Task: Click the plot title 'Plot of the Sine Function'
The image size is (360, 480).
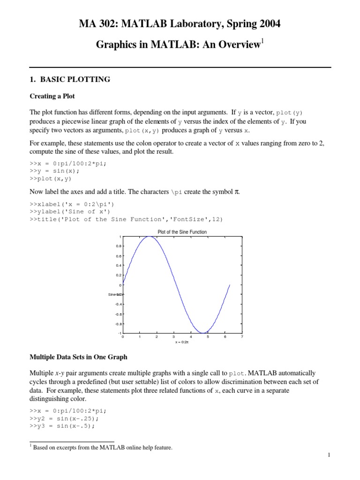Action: click(x=182, y=232)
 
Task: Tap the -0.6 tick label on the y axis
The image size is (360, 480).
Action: click(x=118, y=314)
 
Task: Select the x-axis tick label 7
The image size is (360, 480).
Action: click(x=241, y=337)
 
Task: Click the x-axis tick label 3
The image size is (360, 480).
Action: click(x=173, y=337)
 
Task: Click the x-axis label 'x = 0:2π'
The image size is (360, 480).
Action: click(x=181, y=342)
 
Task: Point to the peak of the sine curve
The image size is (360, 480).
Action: click(x=150, y=237)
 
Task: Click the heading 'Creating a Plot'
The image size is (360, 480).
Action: click(x=52, y=96)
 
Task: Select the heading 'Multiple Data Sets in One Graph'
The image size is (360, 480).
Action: click(x=78, y=357)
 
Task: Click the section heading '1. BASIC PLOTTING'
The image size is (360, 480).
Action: click(x=70, y=79)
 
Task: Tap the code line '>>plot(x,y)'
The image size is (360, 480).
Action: click(x=51, y=179)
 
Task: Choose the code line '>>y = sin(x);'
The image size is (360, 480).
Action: click(x=55, y=171)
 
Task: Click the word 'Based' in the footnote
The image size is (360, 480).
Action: click(x=41, y=448)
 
